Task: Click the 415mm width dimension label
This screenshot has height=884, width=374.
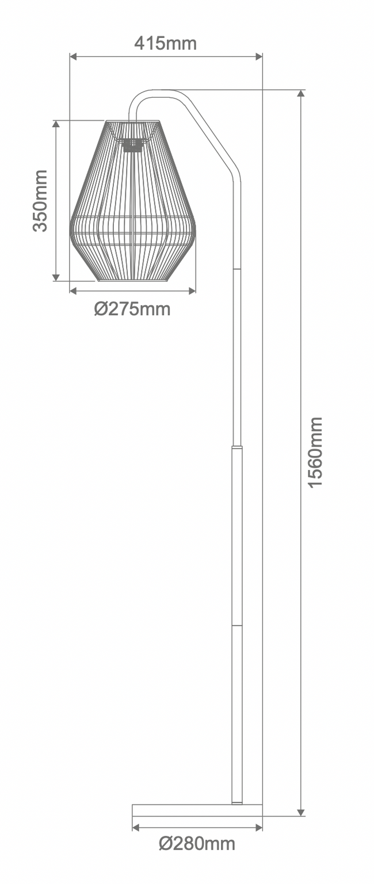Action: coord(165,43)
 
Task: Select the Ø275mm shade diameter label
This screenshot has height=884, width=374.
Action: coord(132,309)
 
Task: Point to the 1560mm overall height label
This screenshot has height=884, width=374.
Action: coord(315,453)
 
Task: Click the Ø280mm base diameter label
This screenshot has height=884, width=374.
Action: coord(197,844)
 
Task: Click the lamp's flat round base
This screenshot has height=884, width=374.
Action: coord(197,810)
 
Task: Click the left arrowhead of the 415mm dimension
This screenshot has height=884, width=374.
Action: coord(73,56)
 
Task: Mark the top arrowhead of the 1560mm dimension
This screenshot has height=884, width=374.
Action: coord(300,94)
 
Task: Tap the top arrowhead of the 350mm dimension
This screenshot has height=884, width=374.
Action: coord(56,125)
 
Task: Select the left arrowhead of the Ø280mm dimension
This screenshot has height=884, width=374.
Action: coord(136,828)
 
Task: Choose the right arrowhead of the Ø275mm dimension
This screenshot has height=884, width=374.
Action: coord(192,291)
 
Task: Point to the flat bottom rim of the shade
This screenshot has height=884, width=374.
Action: coord(132,280)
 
